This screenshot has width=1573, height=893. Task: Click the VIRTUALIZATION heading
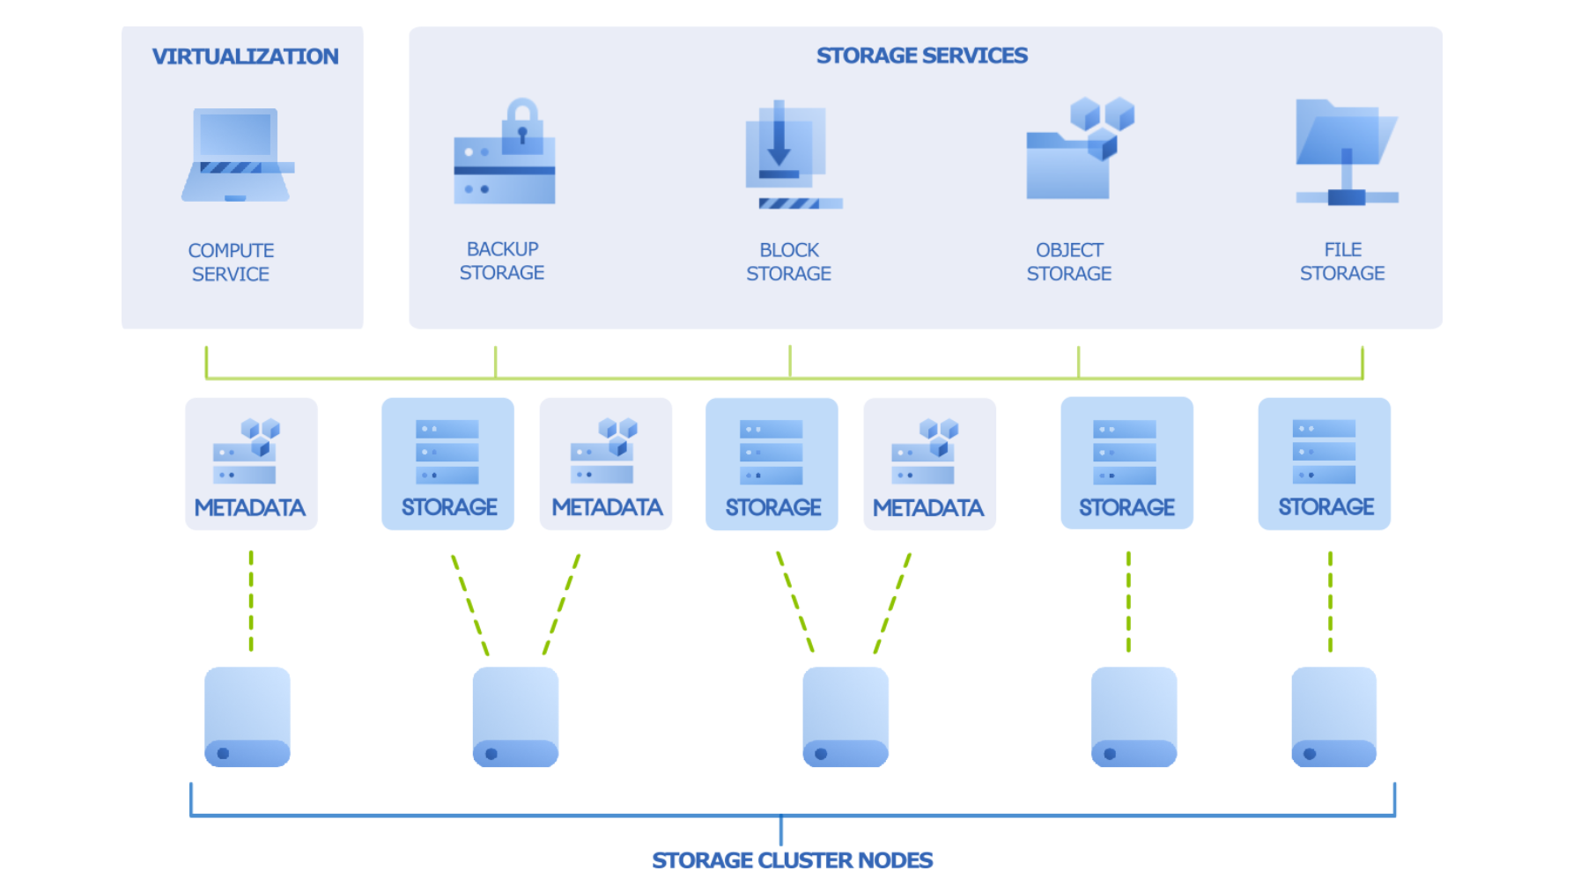[x=245, y=56]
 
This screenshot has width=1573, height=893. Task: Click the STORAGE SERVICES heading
[x=921, y=55]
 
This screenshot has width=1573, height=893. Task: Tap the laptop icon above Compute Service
[x=237, y=155]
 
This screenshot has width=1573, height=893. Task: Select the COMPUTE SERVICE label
[x=231, y=262]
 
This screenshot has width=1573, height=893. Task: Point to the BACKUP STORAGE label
[x=502, y=261]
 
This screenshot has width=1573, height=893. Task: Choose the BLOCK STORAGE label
[x=788, y=262]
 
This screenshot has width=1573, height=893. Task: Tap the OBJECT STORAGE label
[x=1069, y=262]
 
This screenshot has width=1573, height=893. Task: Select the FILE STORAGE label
[x=1342, y=262]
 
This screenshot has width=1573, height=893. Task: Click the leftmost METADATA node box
[x=251, y=463]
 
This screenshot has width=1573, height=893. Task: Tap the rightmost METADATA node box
[x=929, y=464]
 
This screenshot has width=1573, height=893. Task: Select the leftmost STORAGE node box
[x=447, y=463]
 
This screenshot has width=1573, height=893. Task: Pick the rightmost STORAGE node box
[x=1324, y=463]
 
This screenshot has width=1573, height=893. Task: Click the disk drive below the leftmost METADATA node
[x=247, y=717]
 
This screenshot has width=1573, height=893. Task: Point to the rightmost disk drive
[x=1333, y=717]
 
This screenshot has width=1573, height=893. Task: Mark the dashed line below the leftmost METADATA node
[x=251, y=601]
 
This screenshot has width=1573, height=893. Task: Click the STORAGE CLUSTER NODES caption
[x=792, y=860]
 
